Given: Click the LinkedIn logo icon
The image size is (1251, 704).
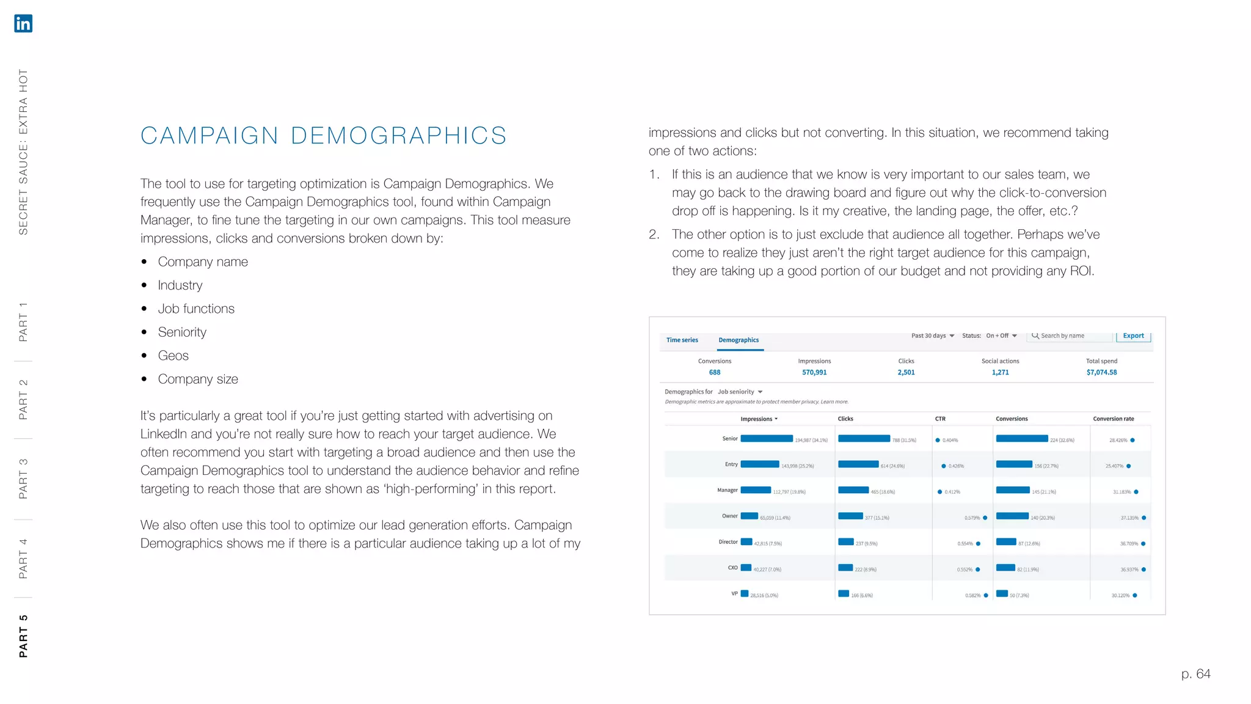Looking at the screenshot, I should click(23, 23).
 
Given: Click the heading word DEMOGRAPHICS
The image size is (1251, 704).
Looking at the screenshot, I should click(398, 136).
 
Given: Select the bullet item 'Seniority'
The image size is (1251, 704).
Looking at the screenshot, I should click(182, 332).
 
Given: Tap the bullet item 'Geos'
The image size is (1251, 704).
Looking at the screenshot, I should click(173, 356).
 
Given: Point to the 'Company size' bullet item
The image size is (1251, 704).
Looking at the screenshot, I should click(197, 379).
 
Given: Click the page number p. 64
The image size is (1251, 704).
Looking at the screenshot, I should click(1195, 673).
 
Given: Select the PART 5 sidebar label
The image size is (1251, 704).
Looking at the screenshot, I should click(23, 636).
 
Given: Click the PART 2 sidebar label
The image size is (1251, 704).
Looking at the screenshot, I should click(23, 399).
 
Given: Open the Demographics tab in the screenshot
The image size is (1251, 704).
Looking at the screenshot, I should click(739, 340).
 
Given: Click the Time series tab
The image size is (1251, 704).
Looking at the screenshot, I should click(682, 340).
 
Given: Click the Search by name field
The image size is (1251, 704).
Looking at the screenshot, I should click(1070, 335).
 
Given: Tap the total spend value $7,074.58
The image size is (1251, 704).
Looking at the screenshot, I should click(1101, 372).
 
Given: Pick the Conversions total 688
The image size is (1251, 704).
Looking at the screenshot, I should click(714, 372).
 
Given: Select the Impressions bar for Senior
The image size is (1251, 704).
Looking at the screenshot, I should click(767, 439).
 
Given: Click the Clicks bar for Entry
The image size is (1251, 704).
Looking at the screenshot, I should click(858, 464).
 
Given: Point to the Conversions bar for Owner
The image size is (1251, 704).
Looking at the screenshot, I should click(1012, 516).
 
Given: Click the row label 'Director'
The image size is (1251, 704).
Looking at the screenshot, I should click(728, 542).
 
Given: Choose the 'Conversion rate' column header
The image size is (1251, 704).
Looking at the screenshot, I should click(1113, 419).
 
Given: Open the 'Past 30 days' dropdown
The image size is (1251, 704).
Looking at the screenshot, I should click(932, 335).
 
